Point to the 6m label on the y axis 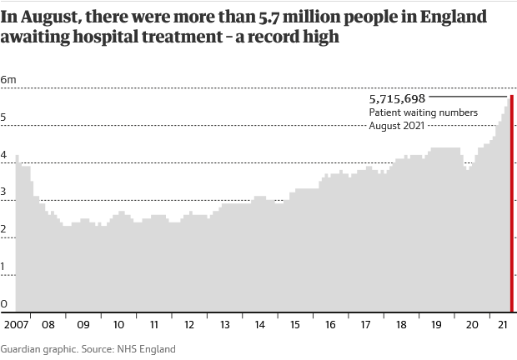8,79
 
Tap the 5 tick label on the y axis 4,117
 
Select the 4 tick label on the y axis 4,155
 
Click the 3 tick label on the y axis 4,192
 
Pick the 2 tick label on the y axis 4,230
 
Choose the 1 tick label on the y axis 4,267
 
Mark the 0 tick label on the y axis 4,304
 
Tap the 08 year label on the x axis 48,324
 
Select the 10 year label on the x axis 118,324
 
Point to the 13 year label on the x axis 224,324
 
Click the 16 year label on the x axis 330,324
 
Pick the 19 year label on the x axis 436,324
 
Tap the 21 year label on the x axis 503,324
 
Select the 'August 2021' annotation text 398,126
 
